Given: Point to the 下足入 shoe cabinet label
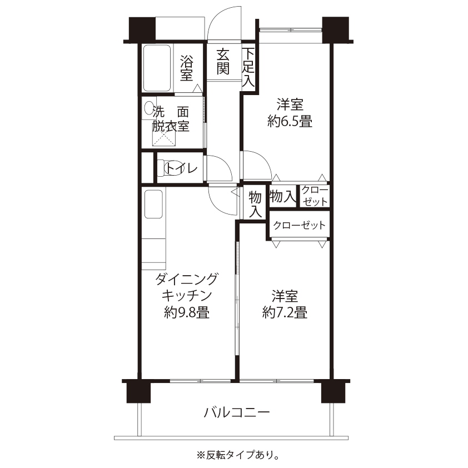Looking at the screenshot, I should [x=248, y=67].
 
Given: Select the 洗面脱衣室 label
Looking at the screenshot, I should [x=172, y=118].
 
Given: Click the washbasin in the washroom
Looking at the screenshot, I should [x=148, y=107].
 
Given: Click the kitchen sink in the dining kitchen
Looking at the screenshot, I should [x=152, y=204].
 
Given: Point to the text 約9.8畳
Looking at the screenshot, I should [x=187, y=313].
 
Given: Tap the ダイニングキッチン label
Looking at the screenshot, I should [x=187, y=286].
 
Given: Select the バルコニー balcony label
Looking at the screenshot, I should [x=236, y=412].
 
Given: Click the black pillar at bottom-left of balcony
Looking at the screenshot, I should [x=138, y=392].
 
